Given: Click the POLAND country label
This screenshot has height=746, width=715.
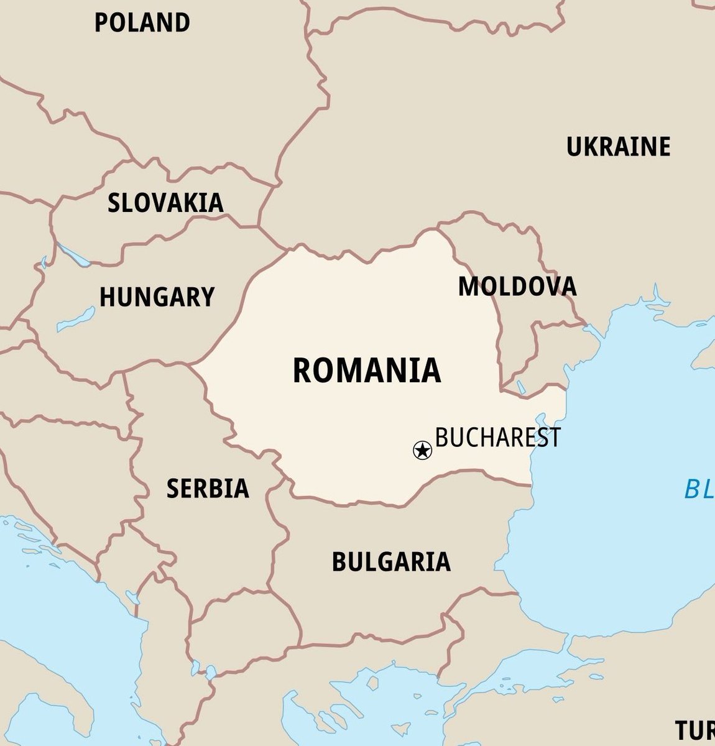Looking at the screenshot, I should click(142, 23).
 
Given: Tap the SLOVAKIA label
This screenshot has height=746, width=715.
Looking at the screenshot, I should click(165, 203).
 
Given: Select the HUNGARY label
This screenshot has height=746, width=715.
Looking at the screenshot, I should click(157, 297).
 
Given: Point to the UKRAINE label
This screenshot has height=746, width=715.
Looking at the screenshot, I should click(618, 147).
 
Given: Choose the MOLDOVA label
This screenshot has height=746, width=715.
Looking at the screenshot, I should click(517, 287).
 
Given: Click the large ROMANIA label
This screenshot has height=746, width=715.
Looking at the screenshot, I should click(367, 371).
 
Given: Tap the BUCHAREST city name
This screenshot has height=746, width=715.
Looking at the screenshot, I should click(497, 437).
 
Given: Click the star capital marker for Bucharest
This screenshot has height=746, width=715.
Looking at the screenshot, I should click(422, 449).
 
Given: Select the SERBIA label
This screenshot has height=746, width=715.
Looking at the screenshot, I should click(208, 489).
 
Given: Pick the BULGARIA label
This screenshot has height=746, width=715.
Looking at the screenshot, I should click(391, 561).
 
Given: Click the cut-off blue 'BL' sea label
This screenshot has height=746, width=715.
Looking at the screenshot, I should click(699, 490).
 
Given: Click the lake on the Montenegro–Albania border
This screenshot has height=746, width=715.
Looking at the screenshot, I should click(132, 598).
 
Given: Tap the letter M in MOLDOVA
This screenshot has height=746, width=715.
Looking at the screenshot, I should click(469, 287).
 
